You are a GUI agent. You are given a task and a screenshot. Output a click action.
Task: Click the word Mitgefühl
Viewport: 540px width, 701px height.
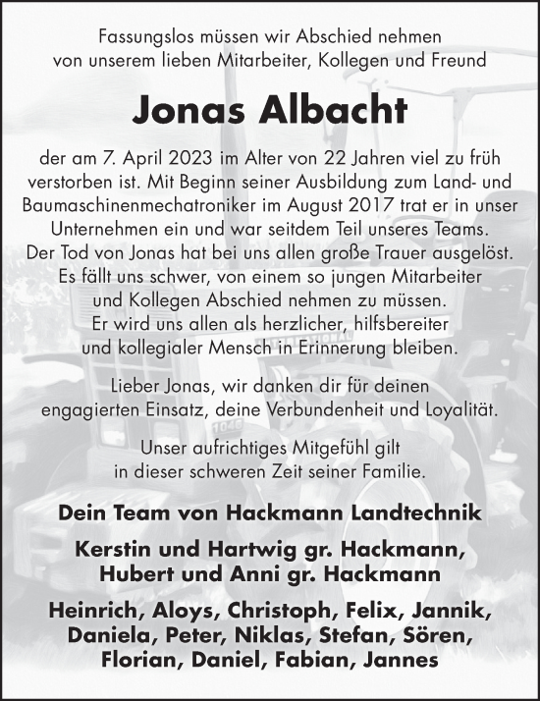(x=307, y=449)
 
